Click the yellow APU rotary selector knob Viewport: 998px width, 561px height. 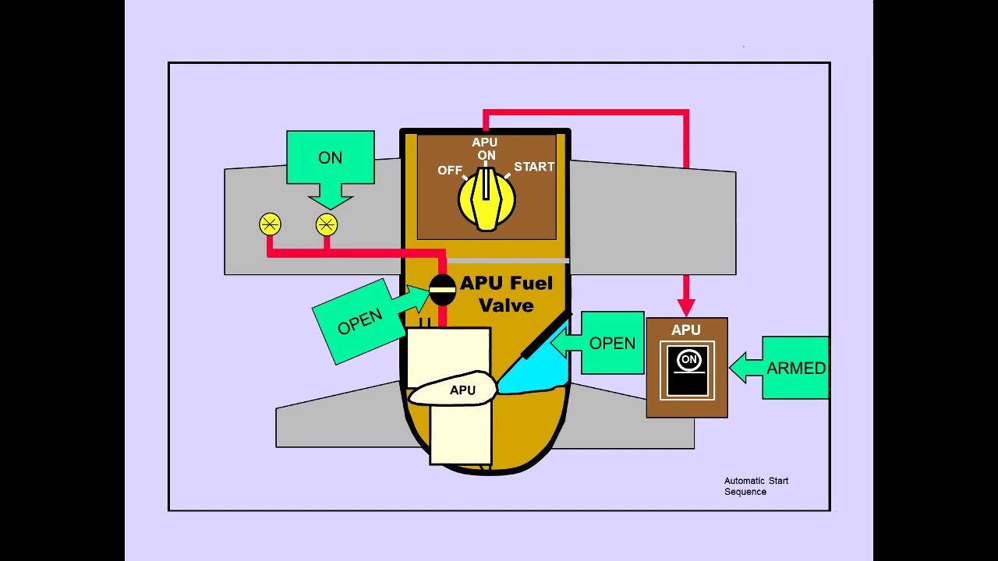486,199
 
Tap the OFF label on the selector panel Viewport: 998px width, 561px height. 450,170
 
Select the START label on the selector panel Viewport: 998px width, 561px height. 534,167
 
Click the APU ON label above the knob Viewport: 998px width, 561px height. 485,149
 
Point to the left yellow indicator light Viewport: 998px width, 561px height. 270,225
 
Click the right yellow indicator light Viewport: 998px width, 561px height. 327,225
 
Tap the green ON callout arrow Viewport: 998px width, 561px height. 330,164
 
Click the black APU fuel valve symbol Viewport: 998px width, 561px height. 442,290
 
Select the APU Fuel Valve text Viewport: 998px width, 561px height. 506,294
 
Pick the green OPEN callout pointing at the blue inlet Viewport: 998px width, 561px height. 608,344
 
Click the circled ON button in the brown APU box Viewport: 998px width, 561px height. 688,359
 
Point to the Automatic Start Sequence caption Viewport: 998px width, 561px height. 756,486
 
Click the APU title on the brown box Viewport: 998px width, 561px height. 686,330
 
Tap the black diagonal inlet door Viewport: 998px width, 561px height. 546,336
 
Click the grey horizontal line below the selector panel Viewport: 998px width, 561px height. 507,260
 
